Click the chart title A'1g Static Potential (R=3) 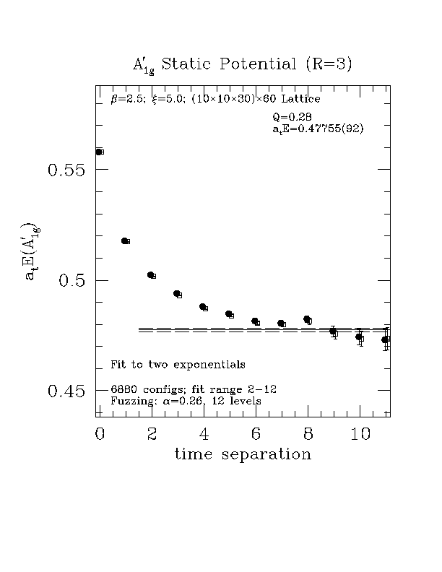(x=242, y=64)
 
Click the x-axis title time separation (x=243, y=454)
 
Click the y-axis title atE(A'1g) (x=32, y=251)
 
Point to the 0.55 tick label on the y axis (x=66, y=170)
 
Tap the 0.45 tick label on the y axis (x=66, y=391)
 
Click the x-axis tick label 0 (x=100, y=434)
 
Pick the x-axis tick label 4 (x=204, y=434)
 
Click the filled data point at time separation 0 (x=98, y=152)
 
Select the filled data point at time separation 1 (x=124, y=240)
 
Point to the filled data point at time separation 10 (x=358, y=337)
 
